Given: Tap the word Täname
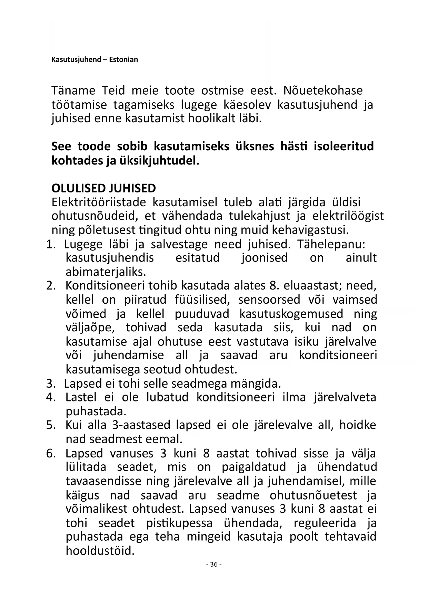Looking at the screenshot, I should pos(73,91).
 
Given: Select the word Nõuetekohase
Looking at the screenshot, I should pos(323,91).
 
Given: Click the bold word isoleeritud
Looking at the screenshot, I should pos(344,146).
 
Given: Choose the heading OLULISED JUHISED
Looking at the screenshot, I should pos(103,188).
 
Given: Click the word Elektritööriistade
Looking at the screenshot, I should pos(99,202).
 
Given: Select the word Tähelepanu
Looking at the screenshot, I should pos(331,244).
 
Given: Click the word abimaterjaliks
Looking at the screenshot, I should pos(106,272).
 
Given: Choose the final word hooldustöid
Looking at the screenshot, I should pos(100,551).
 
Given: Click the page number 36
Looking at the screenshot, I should pos(214,565).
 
